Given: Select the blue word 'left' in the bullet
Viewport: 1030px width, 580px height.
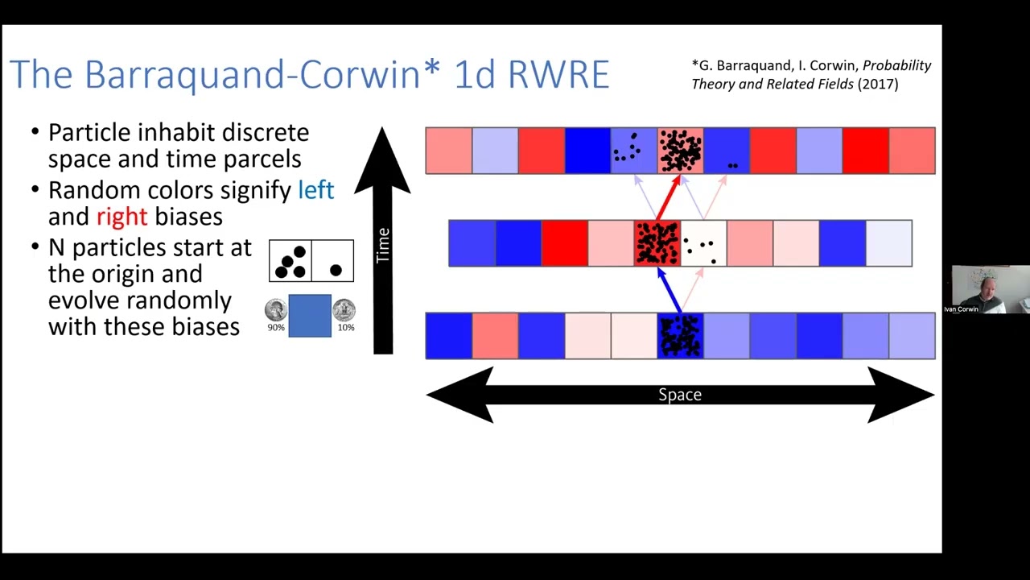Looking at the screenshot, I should (315, 190).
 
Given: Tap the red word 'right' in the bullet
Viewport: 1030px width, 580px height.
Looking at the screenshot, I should (122, 217).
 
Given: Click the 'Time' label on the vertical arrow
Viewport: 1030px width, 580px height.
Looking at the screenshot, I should (383, 245).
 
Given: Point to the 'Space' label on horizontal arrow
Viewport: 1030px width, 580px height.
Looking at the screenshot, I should (680, 395).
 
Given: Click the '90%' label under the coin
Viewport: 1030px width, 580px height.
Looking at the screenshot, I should (276, 328).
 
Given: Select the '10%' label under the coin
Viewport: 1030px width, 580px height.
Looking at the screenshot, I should (346, 328).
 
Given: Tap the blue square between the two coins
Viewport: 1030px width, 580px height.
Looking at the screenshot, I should (310, 315).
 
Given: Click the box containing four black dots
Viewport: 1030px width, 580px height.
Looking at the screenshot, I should (290, 261).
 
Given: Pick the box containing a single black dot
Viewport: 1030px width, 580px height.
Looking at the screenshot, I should (333, 261).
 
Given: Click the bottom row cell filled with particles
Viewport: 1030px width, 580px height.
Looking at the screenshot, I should (681, 336).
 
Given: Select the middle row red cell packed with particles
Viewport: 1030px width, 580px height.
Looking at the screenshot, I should (657, 243).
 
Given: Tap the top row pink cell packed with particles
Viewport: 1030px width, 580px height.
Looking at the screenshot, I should (681, 151).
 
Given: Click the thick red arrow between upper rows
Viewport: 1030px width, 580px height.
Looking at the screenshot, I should (667, 198).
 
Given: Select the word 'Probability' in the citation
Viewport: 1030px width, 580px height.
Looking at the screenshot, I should (896, 66).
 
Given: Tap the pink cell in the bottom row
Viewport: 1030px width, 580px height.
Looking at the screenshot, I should (495, 336).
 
